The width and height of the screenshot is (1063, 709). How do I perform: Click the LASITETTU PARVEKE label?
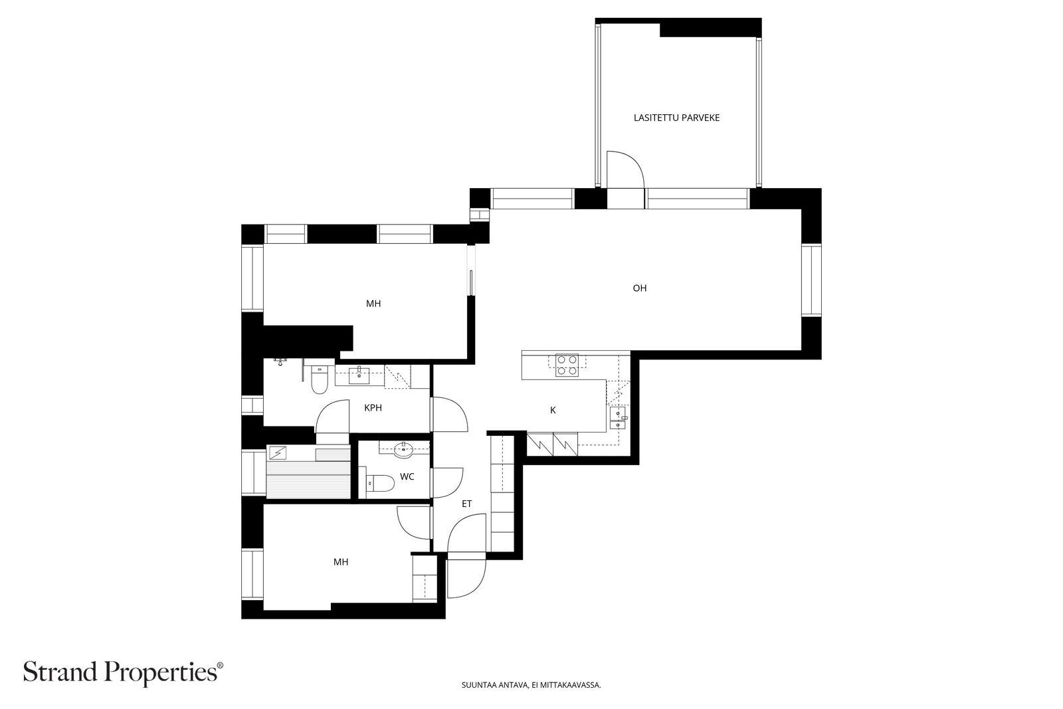[676, 118]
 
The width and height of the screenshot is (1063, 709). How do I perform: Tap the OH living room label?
[640, 288]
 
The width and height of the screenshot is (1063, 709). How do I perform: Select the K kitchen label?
[553, 411]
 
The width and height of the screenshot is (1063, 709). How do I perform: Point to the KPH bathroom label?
[373, 407]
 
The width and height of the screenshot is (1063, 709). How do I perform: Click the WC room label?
[407, 476]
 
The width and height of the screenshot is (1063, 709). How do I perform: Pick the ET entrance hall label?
[467, 504]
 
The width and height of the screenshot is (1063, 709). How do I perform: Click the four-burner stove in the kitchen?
[567, 365]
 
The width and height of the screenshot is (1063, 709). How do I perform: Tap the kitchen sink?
[617, 417]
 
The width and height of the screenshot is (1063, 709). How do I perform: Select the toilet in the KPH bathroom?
[320, 379]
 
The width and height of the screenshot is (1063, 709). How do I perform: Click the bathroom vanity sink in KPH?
[359, 375]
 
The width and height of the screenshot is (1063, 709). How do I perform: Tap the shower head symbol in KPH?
[280, 361]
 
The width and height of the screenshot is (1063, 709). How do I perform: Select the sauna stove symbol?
[276, 453]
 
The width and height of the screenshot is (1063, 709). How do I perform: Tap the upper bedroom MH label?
[373, 304]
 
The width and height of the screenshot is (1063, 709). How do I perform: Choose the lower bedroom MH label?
[341, 562]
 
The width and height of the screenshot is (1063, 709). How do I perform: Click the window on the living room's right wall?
[811, 280]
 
